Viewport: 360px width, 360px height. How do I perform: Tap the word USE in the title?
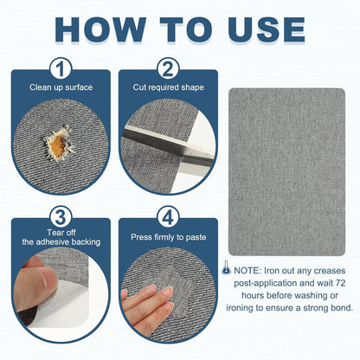click(267, 29)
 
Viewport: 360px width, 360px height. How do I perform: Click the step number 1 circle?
click(61, 69)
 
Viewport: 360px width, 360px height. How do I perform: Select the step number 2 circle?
click(168, 69)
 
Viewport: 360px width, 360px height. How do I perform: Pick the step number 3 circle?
click(61, 217)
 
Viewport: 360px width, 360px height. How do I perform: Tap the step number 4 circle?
click(168, 217)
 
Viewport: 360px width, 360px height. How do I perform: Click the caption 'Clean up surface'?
click(61, 87)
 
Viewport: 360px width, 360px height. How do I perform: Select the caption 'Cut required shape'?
click(168, 87)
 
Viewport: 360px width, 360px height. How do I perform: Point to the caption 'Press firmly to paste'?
click(169, 237)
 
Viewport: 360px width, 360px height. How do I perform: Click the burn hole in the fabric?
click(59, 144)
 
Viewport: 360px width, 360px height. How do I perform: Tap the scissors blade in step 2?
click(168, 147)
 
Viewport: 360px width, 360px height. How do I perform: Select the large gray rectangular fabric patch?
click(286, 171)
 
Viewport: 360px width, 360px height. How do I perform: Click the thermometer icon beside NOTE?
click(226, 267)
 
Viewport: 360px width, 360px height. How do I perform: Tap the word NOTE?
click(247, 271)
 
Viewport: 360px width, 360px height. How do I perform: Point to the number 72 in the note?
click(340, 283)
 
